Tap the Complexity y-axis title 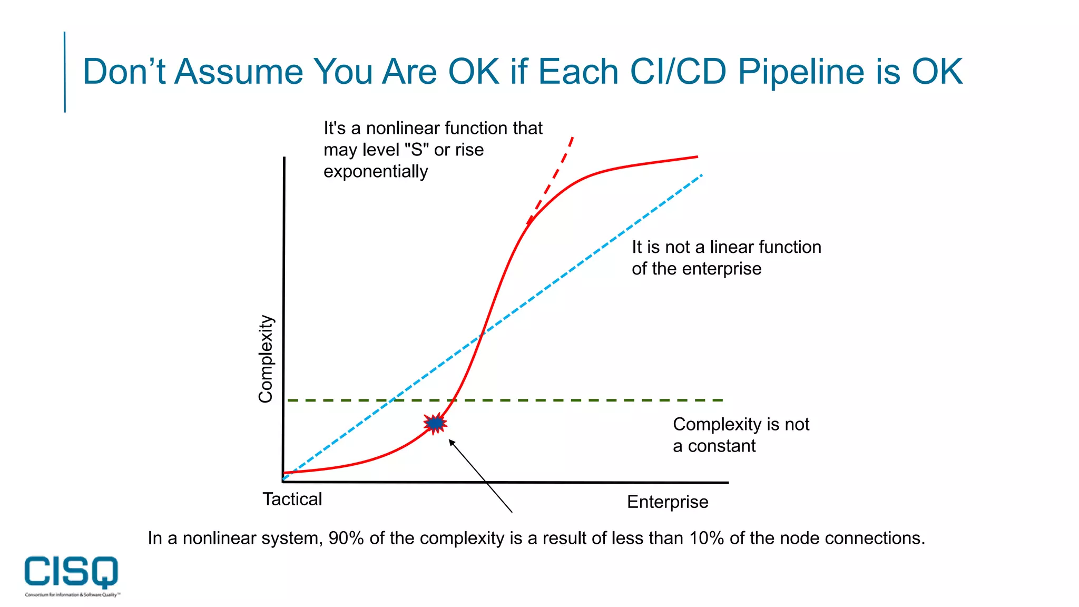tap(266, 359)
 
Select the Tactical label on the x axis tap(292, 499)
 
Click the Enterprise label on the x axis tap(667, 502)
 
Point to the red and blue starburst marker tap(435, 423)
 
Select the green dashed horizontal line tap(580, 400)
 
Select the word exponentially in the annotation tap(375, 172)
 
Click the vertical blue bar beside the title tap(65, 72)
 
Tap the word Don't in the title tap(124, 72)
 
